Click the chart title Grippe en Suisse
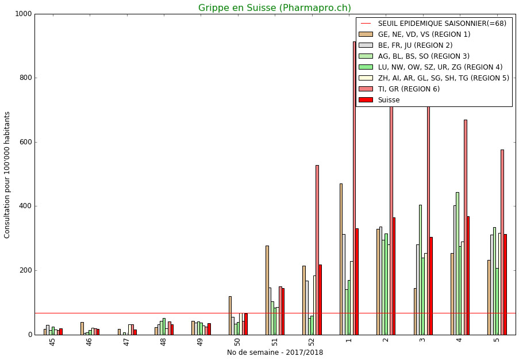point(275,8)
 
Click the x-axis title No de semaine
point(275,353)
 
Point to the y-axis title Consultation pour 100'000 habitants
point(7,174)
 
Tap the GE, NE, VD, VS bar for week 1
point(341,259)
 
